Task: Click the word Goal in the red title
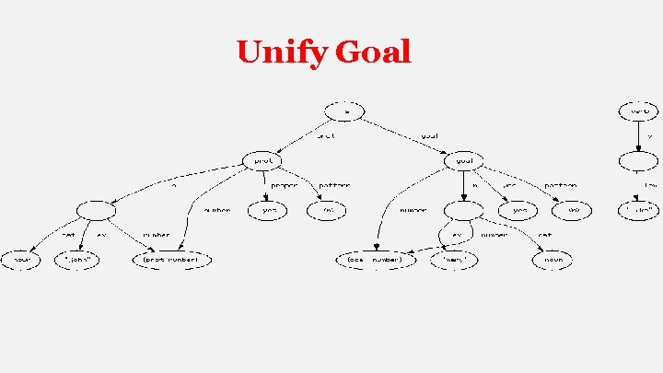point(373,52)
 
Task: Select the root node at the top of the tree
point(346,111)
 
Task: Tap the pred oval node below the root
point(262,160)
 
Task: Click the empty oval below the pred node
point(97,210)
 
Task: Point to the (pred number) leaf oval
point(172,260)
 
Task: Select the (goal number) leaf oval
point(376,260)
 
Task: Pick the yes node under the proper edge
point(269,210)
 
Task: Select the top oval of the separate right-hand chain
point(638,111)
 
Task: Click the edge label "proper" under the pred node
point(284,185)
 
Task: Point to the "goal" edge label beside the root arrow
point(429,135)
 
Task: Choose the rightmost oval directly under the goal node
point(573,210)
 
